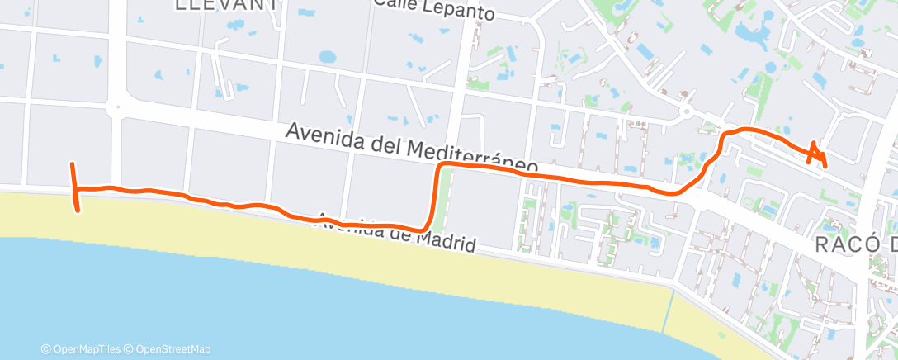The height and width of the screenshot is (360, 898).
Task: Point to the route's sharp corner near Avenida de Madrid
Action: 425,227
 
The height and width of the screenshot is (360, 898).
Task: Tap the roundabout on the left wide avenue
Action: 116,106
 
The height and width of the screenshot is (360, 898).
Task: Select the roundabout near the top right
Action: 684,110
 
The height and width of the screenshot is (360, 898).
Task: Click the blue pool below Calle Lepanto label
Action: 328,57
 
